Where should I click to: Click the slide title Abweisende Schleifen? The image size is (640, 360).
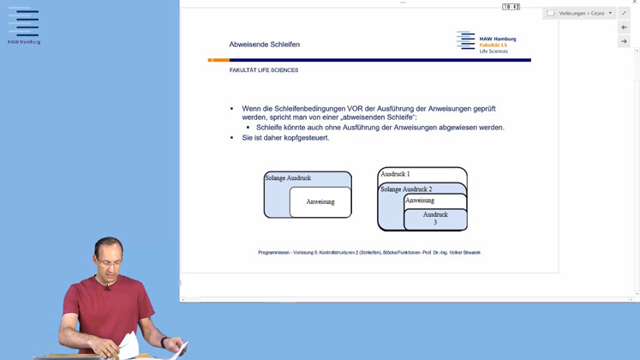coord(265,45)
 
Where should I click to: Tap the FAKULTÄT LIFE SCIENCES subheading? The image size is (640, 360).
coord(264,70)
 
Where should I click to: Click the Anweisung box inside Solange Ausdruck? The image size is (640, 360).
coord(320,201)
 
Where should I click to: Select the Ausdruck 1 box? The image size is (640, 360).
coord(422,175)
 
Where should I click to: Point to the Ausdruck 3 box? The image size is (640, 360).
coord(435,219)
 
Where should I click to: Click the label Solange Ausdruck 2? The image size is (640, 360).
coord(406,189)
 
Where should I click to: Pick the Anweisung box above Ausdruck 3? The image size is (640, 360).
coord(435,201)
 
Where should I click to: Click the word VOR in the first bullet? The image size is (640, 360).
coord(355,109)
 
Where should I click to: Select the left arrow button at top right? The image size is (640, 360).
coord(624,27)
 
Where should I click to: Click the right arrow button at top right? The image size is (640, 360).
coord(624,41)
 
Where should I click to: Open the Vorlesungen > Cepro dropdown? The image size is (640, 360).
coord(579,14)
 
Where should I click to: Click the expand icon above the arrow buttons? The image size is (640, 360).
coord(624,14)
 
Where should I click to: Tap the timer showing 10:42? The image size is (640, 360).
coord(511,7)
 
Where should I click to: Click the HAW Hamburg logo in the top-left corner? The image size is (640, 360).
coord(24,26)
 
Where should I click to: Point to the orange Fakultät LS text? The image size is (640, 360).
coord(493,45)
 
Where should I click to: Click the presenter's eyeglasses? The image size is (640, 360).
coord(110,262)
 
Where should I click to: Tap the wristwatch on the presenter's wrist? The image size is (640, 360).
coord(164,342)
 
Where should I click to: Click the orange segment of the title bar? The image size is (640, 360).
coord(218,60)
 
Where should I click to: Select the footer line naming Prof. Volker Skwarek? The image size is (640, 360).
coord(369,253)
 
